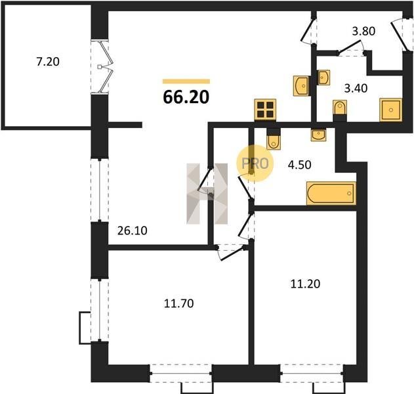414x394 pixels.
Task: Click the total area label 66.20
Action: click(x=186, y=97)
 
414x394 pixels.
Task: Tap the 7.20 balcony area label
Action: click(x=48, y=62)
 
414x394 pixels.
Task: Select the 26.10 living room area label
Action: click(x=133, y=230)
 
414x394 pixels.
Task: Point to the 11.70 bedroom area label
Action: click(x=178, y=303)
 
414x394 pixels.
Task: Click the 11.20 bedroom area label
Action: click(x=305, y=284)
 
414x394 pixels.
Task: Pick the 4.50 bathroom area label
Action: click(x=299, y=165)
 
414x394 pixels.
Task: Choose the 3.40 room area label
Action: click(x=356, y=88)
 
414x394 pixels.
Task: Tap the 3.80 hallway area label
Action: click(x=363, y=32)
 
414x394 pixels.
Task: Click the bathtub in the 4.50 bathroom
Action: click(x=331, y=194)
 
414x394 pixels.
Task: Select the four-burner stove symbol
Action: click(x=265, y=110)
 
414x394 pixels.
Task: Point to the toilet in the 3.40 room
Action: click(x=340, y=108)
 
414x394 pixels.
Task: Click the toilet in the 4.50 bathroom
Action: click(x=274, y=142)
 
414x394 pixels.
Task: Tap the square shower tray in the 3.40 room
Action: click(x=391, y=110)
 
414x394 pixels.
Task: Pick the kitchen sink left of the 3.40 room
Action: click(x=301, y=85)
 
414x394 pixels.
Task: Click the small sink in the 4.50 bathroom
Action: click(x=319, y=135)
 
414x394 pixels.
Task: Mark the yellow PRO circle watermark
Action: click(x=255, y=164)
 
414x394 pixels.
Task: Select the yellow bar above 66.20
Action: click(x=186, y=81)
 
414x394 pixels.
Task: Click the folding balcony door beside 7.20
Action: click(x=106, y=67)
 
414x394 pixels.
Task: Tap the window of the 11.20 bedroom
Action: click(x=312, y=374)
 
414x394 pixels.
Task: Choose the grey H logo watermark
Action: click(x=207, y=194)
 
